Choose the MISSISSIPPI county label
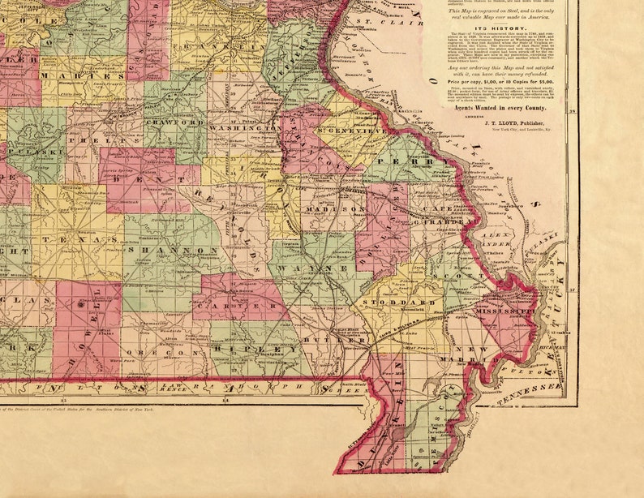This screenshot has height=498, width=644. tap(504, 311)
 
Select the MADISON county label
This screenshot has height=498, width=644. tap(335, 208)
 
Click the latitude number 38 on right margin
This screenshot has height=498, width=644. tap(571, 111)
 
